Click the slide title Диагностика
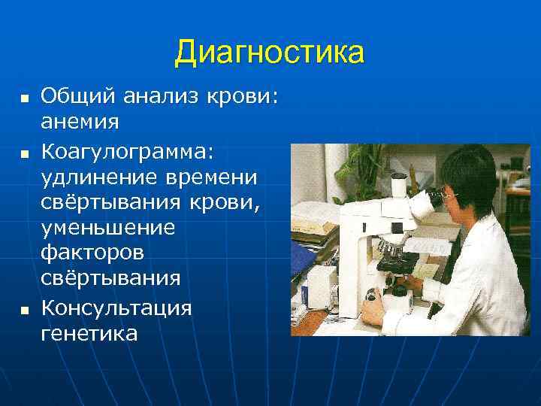click(x=269, y=53)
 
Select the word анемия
click(x=80, y=120)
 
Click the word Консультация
click(x=116, y=308)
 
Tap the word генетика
click(x=89, y=332)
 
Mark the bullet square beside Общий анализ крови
click(x=24, y=98)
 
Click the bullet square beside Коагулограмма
click(x=24, y=153)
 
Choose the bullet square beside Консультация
click(x=24, y=310)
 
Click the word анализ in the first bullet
click(x=152, y=96)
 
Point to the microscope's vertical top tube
click(x=398, y=188)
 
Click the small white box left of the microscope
click(x=324, y=286)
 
